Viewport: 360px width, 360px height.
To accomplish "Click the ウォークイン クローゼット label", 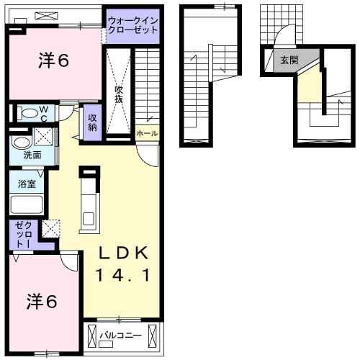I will coord(133,26).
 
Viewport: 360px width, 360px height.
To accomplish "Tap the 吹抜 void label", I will coord(120,94).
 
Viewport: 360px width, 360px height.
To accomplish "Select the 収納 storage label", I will coord(93,122).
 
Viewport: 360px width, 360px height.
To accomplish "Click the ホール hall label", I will coord(147,133).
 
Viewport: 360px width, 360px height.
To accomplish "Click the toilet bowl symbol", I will coord(29,113).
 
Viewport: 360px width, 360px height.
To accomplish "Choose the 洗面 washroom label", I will coord(31,155).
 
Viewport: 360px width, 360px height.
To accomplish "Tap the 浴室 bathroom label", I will coord(27,184).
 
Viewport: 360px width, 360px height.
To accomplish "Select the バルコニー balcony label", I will coord(117,336).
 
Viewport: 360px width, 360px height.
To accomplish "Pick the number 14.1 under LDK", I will coord(123,275).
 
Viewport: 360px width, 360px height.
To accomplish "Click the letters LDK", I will coord(123,253).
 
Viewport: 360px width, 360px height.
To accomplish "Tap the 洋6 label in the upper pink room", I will coord(53,61).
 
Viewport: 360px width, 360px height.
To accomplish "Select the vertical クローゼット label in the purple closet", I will coord(19,234).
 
